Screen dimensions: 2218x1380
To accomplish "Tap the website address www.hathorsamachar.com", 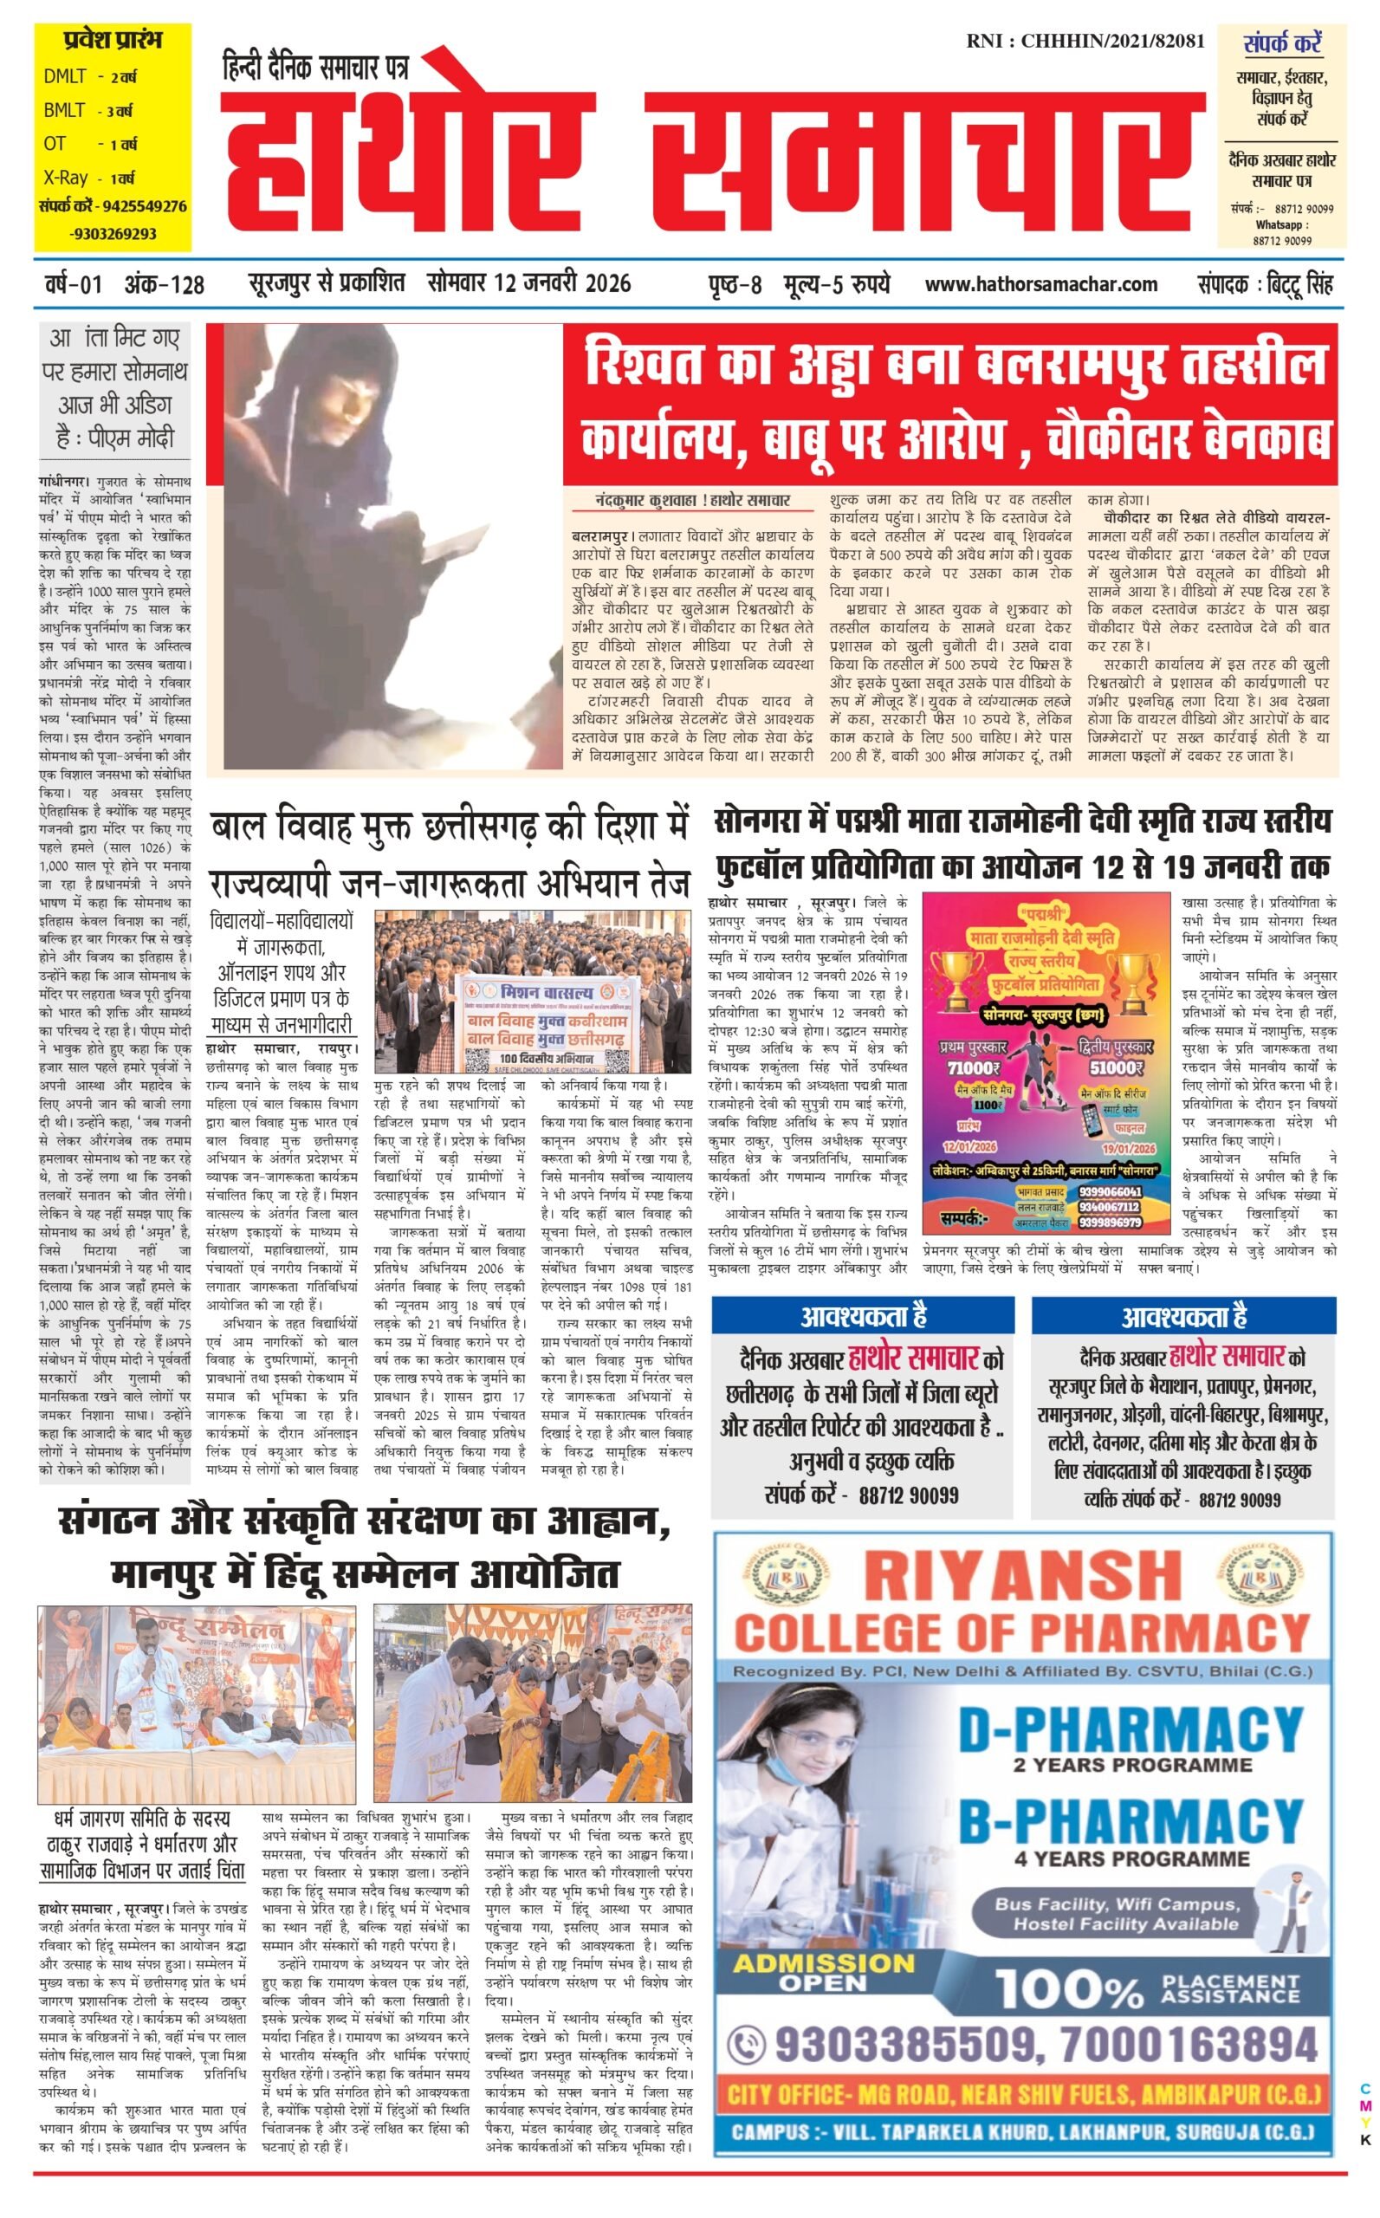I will point(1040,284).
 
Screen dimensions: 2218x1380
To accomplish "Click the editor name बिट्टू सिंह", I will point(1299,284).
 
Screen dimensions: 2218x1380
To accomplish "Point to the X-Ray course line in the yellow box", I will point(88,178).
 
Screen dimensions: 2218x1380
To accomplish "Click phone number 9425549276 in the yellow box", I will point(144,206).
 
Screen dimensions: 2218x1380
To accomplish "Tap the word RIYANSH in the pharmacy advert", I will point(1021,1574).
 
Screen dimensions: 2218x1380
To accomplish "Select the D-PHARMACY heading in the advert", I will point(1130,1730).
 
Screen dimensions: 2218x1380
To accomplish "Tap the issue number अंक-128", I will point(165,285).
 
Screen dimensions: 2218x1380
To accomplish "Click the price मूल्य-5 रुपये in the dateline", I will point(836,284).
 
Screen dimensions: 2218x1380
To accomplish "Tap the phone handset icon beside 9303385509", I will point(748,2046).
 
